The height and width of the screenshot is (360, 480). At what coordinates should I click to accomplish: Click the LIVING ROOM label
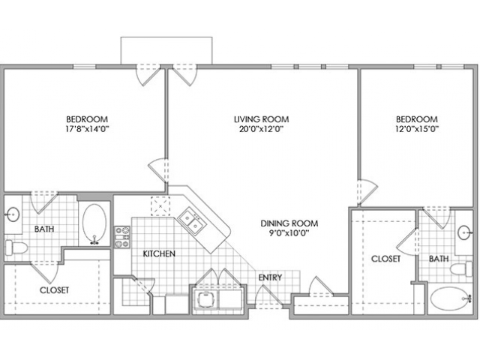[x=262, y=118]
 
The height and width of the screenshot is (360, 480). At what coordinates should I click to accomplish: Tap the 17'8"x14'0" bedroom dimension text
[x=87, y=129]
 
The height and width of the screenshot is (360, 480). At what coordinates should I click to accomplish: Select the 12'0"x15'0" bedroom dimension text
[x=417, y=129]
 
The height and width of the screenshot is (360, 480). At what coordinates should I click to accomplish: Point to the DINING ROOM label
[x=289, y=223]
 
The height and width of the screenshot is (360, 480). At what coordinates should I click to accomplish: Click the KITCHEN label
[x=159, y=253]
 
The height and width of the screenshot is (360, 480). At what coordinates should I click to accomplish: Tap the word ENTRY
[x=270, y=277]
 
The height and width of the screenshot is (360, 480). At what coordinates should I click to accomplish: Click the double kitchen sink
[x=192, y=221]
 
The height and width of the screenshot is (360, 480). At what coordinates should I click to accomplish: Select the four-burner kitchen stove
[x=122, y=237]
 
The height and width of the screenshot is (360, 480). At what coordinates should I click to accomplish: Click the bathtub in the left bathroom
[x=94, y=223]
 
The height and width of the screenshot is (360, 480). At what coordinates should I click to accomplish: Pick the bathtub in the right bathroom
[x=451, y=299]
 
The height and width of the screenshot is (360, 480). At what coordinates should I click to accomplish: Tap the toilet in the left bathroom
[x=16, y=247]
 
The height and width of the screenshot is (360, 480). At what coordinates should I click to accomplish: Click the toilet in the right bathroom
[x=461, y=269]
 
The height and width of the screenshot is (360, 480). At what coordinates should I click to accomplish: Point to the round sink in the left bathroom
[x=13, y=214]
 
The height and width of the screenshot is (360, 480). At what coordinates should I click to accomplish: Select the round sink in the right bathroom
[x=465, y=232]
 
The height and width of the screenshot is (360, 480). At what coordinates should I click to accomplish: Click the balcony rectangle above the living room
[x=166, y=51]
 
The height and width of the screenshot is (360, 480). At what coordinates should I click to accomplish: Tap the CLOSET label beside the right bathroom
[x=385, y=259]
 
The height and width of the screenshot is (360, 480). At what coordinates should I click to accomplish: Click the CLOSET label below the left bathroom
[x=54, y=290]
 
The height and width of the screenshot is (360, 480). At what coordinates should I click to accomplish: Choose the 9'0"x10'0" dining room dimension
[x=289, y=233]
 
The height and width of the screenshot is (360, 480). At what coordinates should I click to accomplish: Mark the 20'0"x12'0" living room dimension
[x=261, y=129]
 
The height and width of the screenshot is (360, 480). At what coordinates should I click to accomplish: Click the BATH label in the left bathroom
[x=44, y=229]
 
